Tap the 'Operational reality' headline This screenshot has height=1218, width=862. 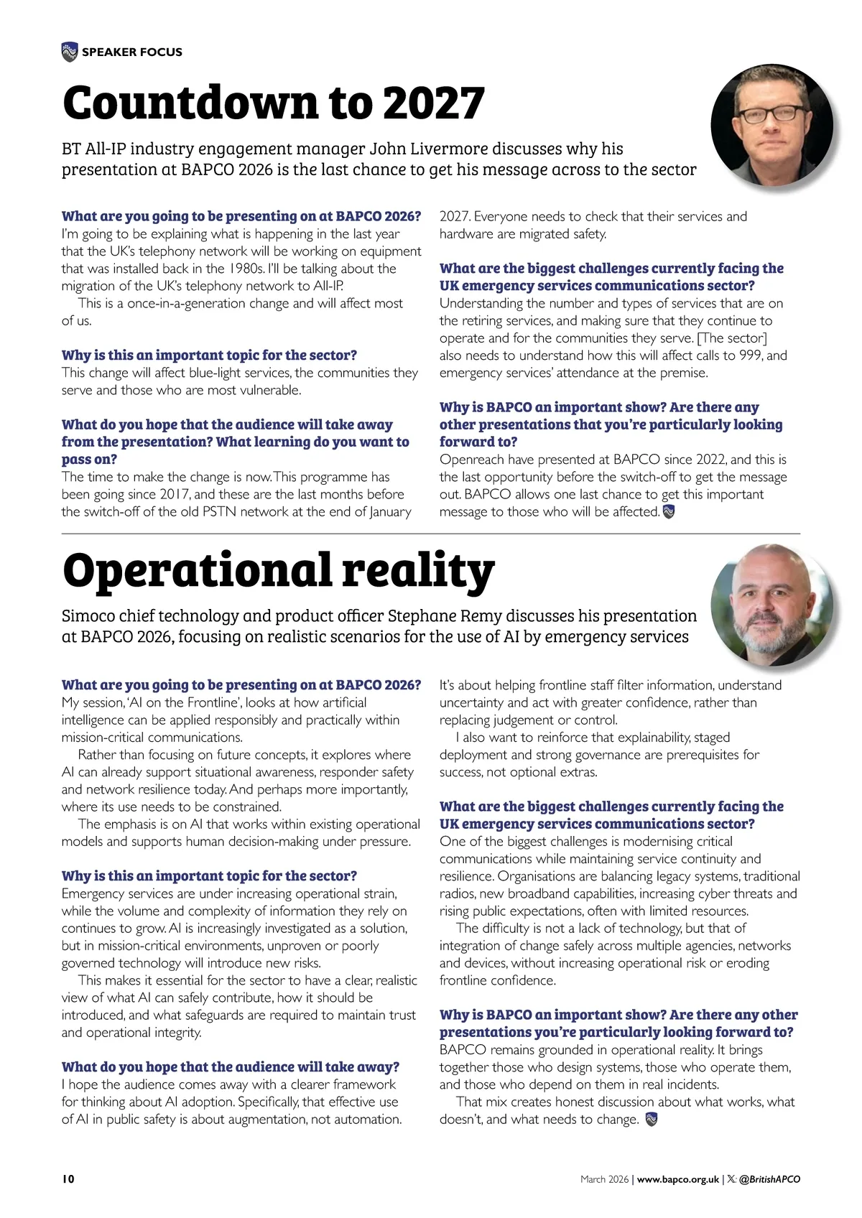(279, 571)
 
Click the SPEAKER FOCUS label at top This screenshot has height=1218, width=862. (132, 52)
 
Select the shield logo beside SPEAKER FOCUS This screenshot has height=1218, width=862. (69, 52)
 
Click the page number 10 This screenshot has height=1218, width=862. (68, 1179)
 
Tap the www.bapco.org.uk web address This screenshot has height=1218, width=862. (677, 1179)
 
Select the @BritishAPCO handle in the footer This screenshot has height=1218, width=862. (769, 1179)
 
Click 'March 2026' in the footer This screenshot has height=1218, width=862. (604, 1179)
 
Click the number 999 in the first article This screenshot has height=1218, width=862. (750, 355)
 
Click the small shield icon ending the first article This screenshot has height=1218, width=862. (668, 512)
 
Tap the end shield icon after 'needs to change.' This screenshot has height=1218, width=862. (652, 1120)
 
